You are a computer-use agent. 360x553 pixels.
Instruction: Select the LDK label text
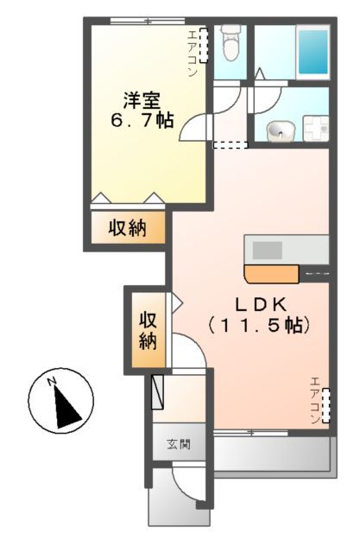pyautogui.click(x=258, y=305)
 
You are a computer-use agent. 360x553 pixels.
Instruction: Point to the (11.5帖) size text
pyautogui.click(x=258, y=327)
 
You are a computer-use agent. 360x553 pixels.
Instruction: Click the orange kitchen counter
pyautogui.click(x=270, y=275)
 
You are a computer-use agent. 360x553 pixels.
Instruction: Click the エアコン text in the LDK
pyautogui.click(x=314, y=400)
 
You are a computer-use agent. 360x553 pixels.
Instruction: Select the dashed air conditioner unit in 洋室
pyautogui.click(x=205, y=45)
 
